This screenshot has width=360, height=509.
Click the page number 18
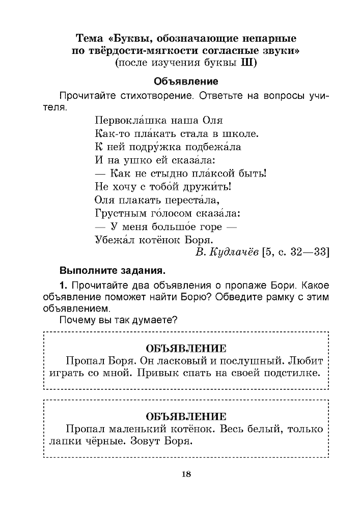point(185,474)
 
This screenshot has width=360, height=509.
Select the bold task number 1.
point(62,284)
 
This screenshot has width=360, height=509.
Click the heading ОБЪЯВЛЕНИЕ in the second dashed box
point(185,416)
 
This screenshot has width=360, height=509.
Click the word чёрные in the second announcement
point(101,441)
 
